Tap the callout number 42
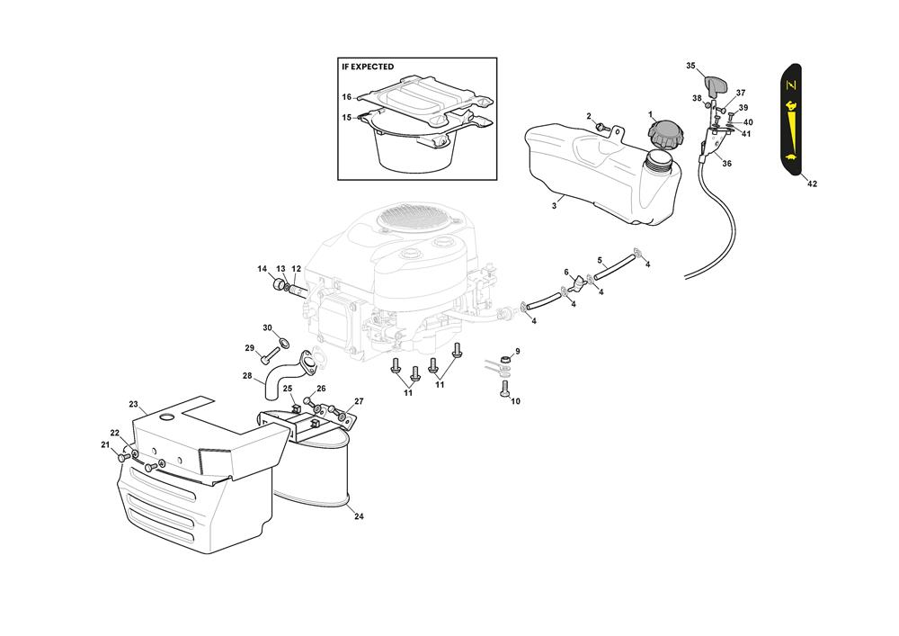point(812,184)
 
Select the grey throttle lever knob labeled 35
point(715,86)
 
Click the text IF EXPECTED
point(368,67)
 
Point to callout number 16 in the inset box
point(346,97)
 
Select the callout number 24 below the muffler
point(359,516)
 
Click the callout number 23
point(134,404)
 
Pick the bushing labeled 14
point(279,284)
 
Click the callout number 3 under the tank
point(554,206)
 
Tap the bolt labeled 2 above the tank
point(601,126)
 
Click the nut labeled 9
point(505,360)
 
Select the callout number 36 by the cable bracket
point(726,164)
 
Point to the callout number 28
point(247,376)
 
